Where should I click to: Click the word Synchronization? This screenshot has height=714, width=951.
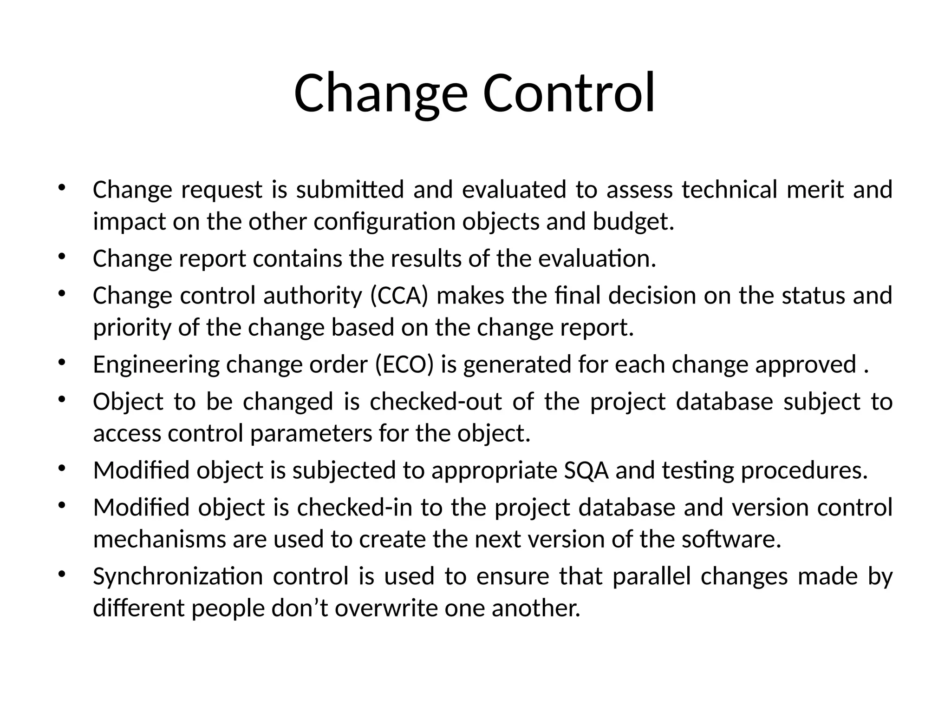point(177,577)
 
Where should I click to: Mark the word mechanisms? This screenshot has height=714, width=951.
point(159,540)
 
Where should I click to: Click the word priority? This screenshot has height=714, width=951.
point(132,328)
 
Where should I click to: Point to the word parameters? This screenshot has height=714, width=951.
point(311,434)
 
